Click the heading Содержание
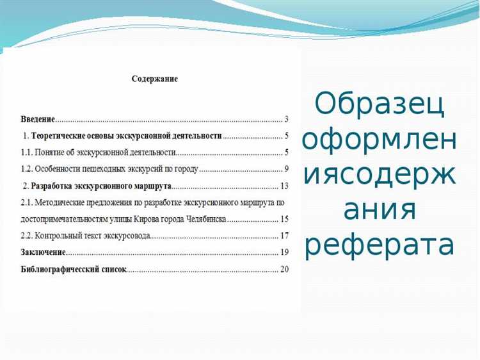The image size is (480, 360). click(x=154, y=79)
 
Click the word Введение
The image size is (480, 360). click(x=38, y=119)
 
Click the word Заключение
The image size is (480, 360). click(x=43, y=252)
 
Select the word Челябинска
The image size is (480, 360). click(x=201, y=219)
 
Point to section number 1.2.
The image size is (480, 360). click(x=28, y=169)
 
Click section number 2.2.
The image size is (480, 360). click(x=28, y=236)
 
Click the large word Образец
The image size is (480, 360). click(x=380, y=104)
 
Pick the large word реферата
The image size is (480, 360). click(x=380, y=245)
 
